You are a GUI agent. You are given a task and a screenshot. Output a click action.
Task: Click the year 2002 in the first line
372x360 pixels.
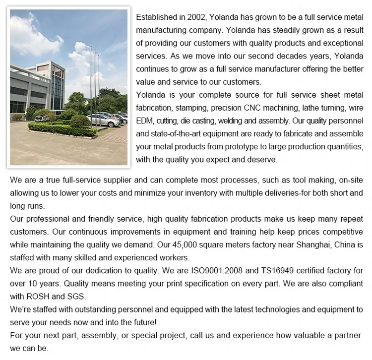(190, 17)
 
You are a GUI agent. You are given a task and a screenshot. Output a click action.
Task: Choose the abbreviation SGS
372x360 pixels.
(75, 297)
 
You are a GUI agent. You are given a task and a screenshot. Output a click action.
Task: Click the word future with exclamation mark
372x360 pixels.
(143, 322)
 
